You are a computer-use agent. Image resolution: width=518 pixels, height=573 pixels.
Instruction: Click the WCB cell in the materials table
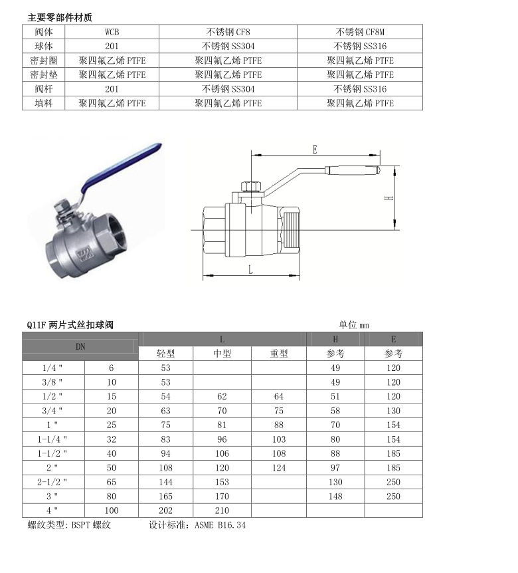pyautogui.click(x=112, y=31)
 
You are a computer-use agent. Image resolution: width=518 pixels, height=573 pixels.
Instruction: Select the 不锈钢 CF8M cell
pyautogui.click(x=360, y=31)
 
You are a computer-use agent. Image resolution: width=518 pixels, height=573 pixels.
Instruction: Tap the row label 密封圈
pyautogui.click(x=44, y=60)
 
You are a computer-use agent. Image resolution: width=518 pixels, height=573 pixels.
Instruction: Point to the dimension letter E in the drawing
pyautogui.click(x=315, y=150)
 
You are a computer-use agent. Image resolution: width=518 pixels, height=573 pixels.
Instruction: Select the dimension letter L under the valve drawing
pyautogui.click(x=250, y=269)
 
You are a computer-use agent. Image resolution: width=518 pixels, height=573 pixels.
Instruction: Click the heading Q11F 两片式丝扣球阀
pyautogui.click(x=70, y=325)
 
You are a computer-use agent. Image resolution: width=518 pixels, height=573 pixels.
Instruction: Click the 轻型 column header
pyautogui.click(x=165, y=354)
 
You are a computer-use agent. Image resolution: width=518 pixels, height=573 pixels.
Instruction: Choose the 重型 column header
pyautogui.click(x=279, y=354)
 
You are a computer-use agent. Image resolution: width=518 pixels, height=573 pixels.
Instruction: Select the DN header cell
pyautogui.click(x=80, y=346)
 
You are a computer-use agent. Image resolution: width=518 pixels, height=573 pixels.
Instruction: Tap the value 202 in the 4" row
pyautogui.click(x=165, y=511)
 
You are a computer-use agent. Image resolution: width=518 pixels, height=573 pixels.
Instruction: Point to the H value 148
pyautogui.click(x=335, y=497)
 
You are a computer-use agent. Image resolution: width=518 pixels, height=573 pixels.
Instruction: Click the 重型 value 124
pyautogui.click(x=279, y=468)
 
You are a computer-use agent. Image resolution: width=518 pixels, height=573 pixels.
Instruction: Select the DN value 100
pyautogui.click(x=111, y=511)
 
